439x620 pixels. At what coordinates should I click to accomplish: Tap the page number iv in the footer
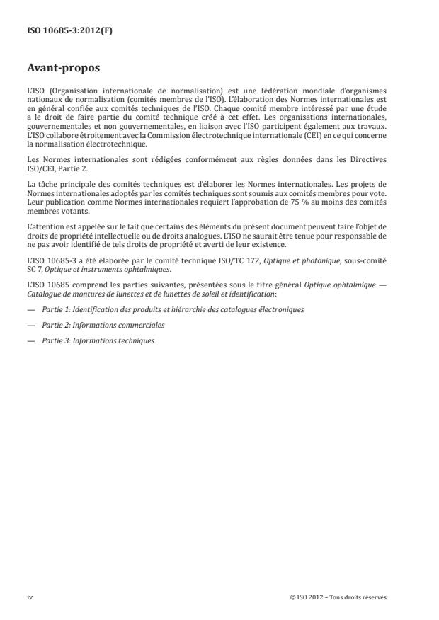[30, 597]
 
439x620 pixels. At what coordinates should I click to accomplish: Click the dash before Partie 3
[31, 340]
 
